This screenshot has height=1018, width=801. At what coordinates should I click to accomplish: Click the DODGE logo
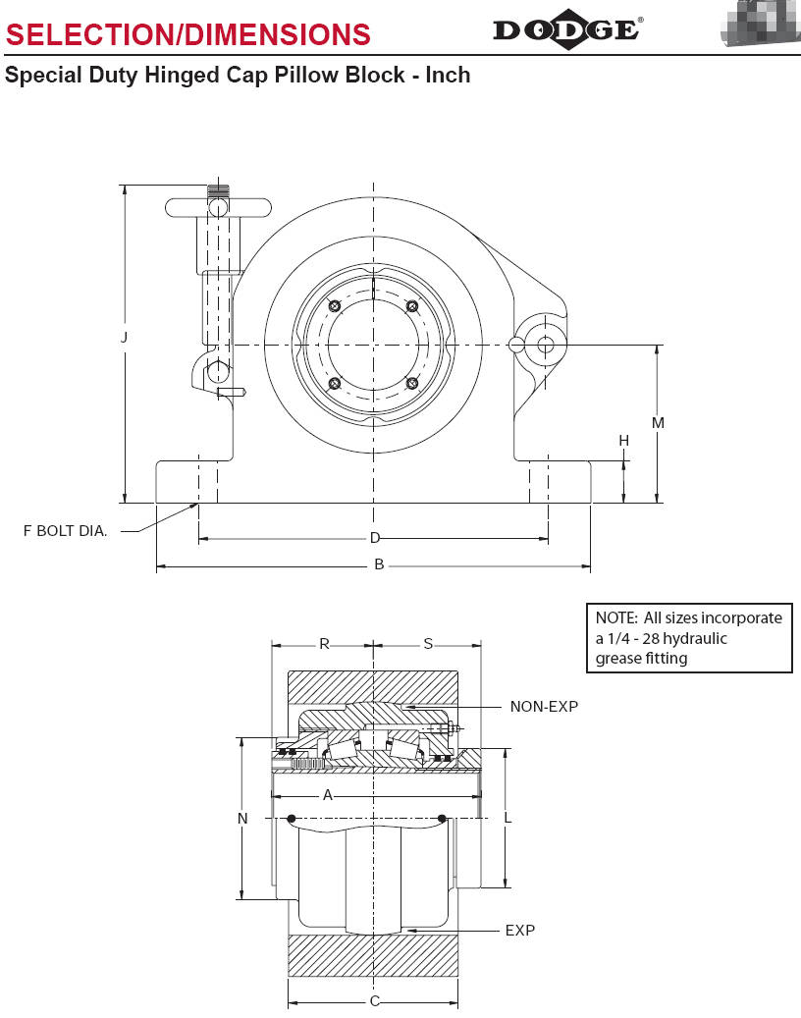(x=567, y=29)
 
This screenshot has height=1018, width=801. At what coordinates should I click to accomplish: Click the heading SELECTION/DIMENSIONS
(x=188, y=35)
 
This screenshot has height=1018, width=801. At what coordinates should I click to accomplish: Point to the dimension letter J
(x=124, y=337)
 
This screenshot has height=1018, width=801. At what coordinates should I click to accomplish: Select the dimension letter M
(x=659, y=423)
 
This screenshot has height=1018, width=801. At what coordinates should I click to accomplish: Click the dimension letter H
(x=623, y=441)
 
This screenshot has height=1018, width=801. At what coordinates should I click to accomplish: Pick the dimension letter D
(x=374, y=538)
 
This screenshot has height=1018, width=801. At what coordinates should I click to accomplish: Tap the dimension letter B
(x=379, y=565)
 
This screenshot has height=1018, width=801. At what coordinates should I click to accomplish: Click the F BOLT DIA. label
(x=66, y=531)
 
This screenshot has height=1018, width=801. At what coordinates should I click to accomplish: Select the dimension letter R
(x=324, y=644)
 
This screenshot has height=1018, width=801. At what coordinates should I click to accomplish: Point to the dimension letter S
(x=428, y=644)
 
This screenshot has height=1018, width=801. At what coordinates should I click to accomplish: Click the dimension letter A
(x=328, y=795)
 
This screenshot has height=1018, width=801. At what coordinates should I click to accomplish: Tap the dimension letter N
(x=242, y=818)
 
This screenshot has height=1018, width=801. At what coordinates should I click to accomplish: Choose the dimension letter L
(x=507, y=818)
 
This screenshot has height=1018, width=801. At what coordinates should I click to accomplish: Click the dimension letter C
(x=374, y=1002)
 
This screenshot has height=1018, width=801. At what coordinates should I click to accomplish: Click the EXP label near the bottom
(x=519, y=930)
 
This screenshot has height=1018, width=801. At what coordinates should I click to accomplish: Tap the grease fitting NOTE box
(x=688, y=638)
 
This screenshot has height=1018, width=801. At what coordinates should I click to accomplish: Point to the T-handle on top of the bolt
(x=218, y=207)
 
